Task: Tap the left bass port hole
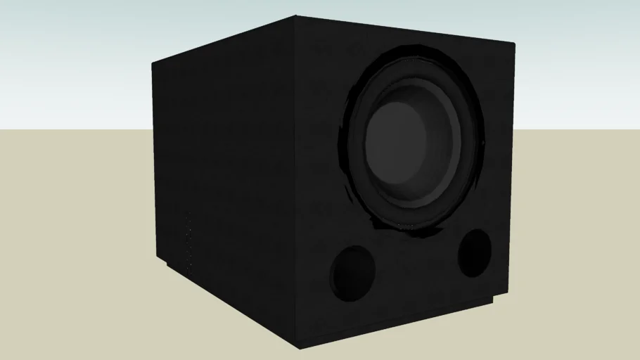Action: click(352, 271)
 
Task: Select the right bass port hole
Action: click(474, 252)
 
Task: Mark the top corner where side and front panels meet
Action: click(296, 17)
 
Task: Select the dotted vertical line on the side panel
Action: click(188, 243)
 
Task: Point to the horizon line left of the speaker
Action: click(70, 130)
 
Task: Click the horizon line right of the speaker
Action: click(577, 130)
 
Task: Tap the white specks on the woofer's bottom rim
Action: click(408, 227)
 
